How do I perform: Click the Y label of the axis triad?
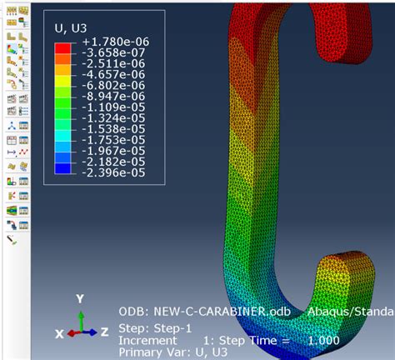pyautogui.click(x=79, y=298)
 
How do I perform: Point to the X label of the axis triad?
pyautogui.click(x=59, y=333)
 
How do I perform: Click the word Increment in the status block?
pyautogui.click(x=148, y=340)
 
